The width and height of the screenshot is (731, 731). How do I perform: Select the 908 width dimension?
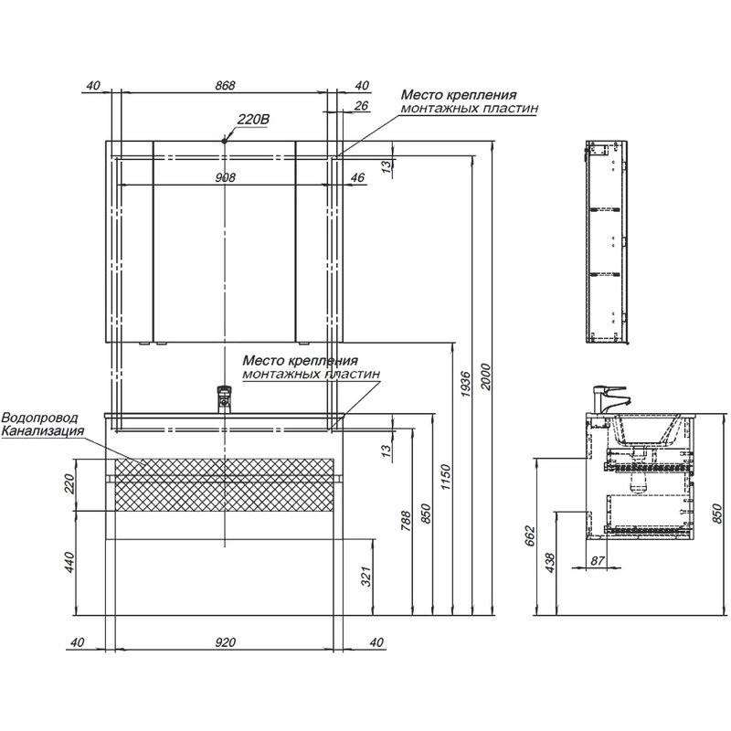(225, 177)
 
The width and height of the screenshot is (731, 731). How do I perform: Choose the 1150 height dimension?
(446, 474)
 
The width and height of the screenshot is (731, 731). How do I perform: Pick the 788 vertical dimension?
(407, 522)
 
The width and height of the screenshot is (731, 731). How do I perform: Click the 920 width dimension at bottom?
(225, 641)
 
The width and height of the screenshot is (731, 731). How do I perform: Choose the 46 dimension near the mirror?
(356, 177)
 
